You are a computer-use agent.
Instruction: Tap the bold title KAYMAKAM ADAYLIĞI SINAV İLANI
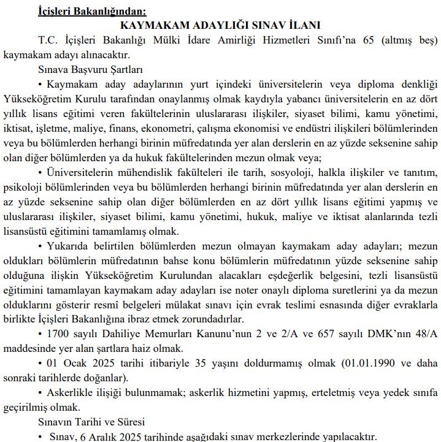221,25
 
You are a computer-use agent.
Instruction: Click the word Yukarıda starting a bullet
72,245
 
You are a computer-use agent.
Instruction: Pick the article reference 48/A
424,333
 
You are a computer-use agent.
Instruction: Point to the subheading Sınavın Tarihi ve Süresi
91,422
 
